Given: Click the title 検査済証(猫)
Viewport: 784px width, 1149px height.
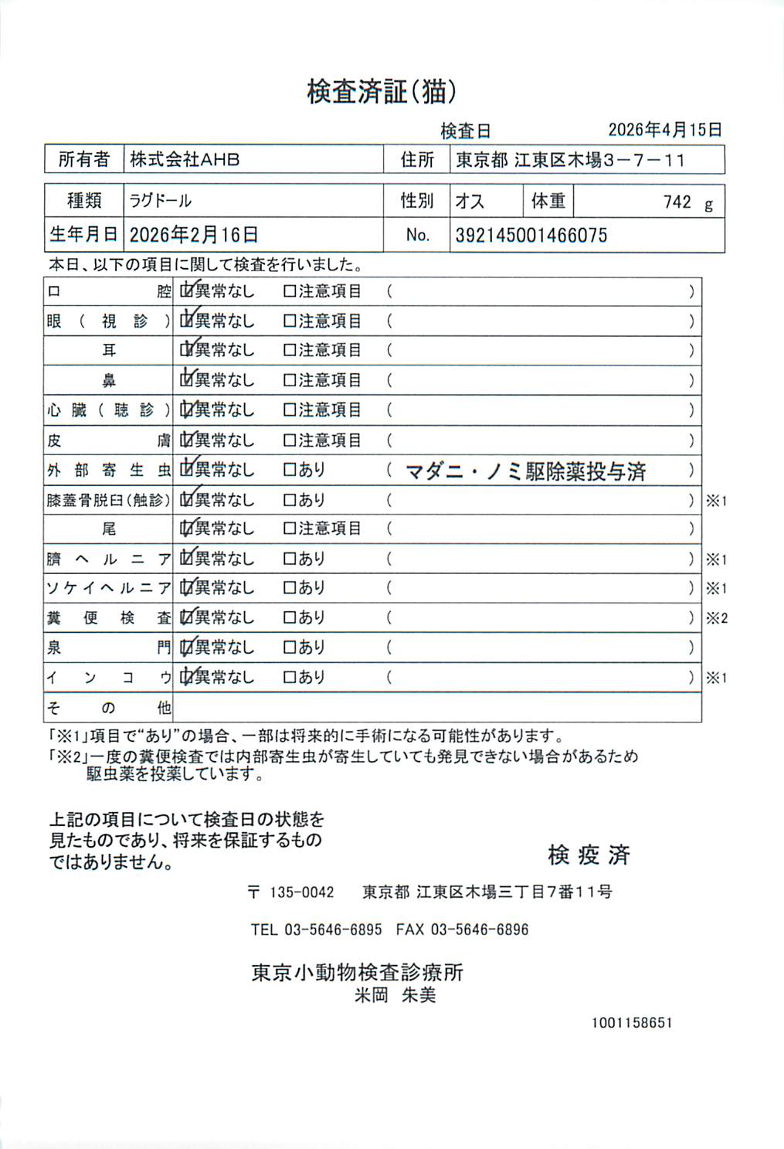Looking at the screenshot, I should [x=382, y=92].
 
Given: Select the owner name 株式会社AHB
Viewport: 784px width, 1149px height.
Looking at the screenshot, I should [x=185, y=160].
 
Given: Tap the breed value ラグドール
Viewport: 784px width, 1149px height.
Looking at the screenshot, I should [x=161, y=201].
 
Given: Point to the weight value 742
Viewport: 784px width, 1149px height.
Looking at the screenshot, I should [x=677, y=202].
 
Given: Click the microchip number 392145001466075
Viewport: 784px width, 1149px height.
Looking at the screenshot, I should [x=531, y=235].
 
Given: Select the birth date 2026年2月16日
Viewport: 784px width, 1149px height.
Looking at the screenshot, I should [x=193, y=235].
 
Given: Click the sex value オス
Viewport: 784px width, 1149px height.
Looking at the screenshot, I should [x=470, y=202].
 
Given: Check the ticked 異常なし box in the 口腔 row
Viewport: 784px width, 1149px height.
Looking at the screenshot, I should [x=186, y=291].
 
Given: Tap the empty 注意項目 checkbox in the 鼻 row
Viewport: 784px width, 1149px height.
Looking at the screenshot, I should [x=290, y=380].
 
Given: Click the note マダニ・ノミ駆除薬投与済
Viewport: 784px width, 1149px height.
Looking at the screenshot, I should [x=525, y=471].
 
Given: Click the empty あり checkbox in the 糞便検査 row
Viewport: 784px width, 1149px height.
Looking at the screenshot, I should [x=290, y=617].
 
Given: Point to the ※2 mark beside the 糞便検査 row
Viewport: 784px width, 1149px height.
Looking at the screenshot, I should [x=716, y=618].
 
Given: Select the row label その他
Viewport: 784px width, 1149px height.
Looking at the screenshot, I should [x=108, y=707].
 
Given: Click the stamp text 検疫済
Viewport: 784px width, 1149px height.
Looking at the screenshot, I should [x=589, y=855].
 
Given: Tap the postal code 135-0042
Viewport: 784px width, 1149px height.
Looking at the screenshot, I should [x=301, y=892].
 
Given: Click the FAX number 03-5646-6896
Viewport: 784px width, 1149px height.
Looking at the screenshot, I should [x=479, y=930].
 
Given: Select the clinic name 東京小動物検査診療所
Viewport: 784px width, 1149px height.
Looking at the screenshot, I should [x=357, y=972].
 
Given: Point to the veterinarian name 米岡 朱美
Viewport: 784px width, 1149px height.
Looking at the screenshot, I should [x=395, y=995].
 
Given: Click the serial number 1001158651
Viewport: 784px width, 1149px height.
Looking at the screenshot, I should [x=632, y=1022].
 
